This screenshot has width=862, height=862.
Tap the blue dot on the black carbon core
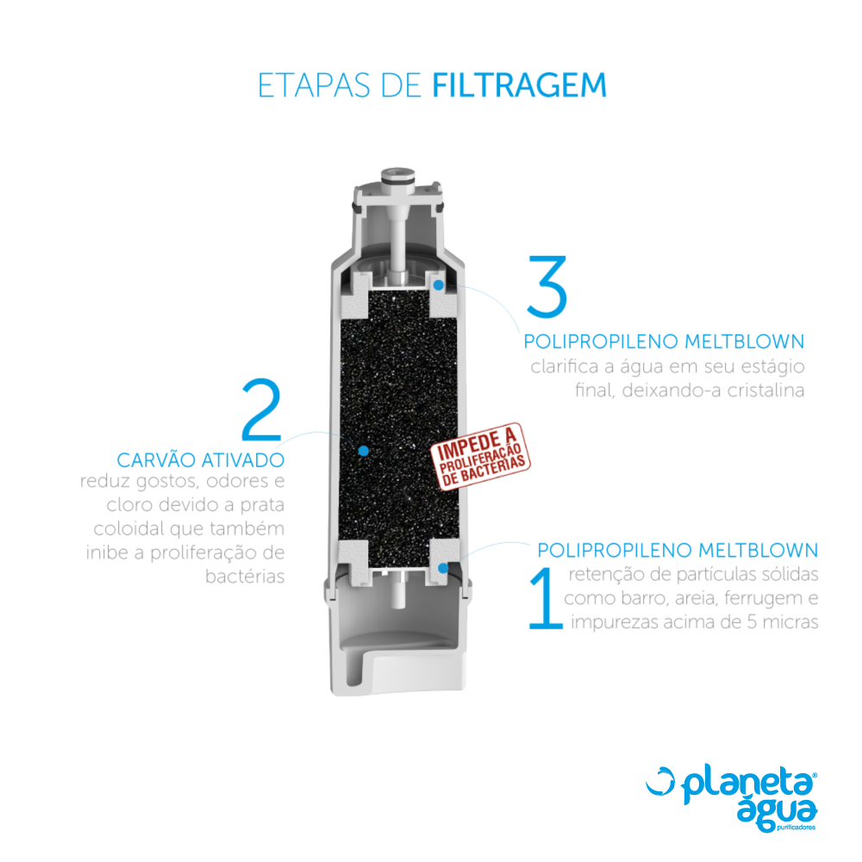364,450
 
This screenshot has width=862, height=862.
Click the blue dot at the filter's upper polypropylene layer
439,284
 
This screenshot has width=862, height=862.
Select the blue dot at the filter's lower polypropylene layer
442,567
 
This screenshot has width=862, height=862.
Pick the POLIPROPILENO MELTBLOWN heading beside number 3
664,341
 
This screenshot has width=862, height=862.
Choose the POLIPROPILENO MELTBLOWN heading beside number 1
678,550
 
